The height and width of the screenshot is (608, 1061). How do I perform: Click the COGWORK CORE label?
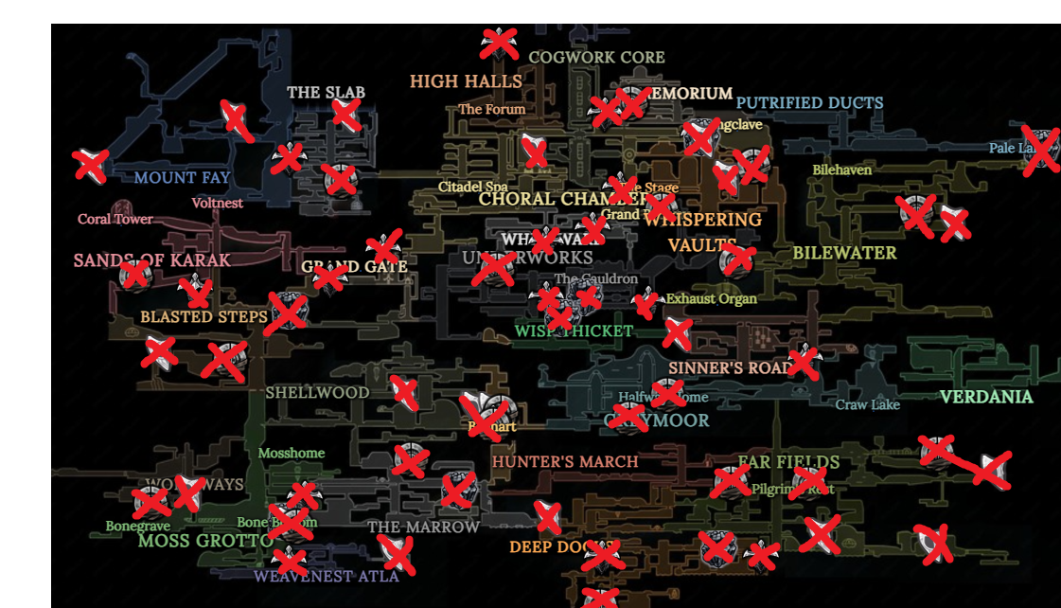(x=596, y=58)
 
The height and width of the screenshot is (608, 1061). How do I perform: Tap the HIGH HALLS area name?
(x=466, y=81)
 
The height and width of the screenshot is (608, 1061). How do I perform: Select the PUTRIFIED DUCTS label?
(x=809, y=102)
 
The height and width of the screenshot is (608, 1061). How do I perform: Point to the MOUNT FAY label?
(x=182, y=177)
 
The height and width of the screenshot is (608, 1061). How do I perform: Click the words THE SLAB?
(x=326, y=93)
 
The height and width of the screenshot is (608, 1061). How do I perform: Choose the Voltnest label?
(x=218, y=203)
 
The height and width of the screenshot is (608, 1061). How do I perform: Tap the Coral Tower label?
(x=115, y=220)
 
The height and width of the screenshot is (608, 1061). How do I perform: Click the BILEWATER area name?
(x=844, y=253)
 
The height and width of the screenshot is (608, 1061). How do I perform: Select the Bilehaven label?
(x=841, y=170)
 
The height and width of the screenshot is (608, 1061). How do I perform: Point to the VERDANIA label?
(x=986, y=397)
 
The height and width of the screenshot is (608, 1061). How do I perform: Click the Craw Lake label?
(x=867, y=405)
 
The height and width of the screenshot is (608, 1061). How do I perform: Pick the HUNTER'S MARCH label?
(x=565, y=462)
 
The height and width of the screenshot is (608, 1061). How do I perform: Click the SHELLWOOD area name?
(x=317, y=392)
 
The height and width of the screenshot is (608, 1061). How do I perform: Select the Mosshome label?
(x=292, y=453)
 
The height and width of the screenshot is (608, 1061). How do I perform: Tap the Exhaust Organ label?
(x=711, y=299)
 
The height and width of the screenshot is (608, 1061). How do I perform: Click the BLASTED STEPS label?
(x=203, y=316)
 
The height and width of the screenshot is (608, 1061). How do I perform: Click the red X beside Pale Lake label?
(x=1040, y=150)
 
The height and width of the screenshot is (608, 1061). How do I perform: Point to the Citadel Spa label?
(x=472, y=187)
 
